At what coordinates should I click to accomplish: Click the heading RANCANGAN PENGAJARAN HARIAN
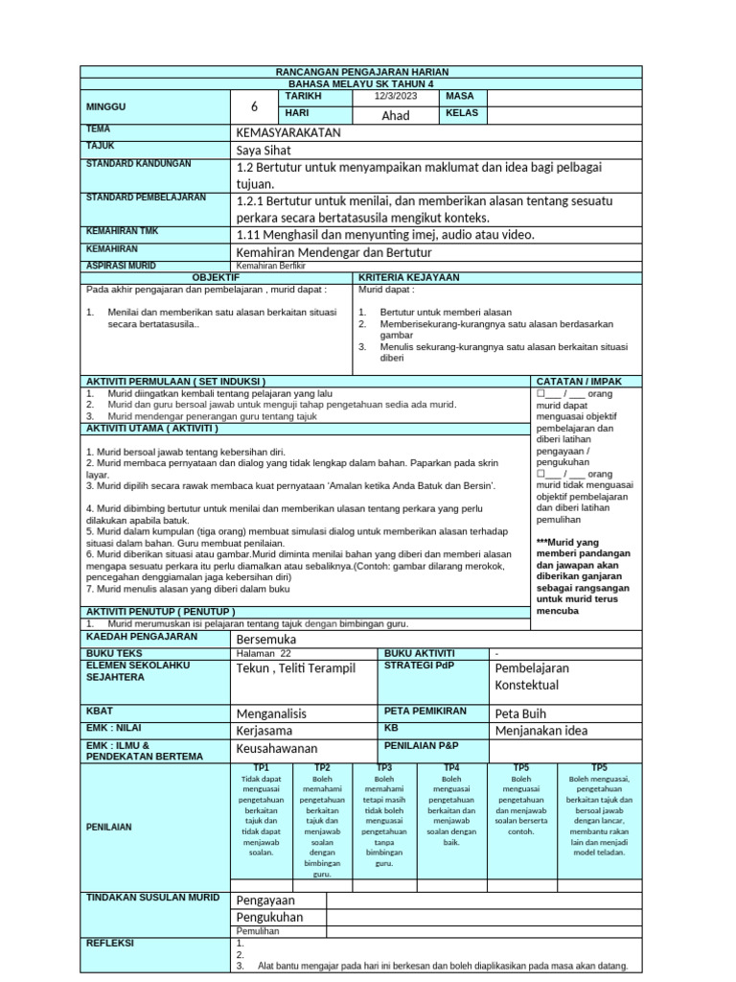(362, 73)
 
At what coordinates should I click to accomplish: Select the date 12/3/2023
(396, 97)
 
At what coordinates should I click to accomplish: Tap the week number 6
(254, 107)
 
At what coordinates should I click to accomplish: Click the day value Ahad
(396, 115)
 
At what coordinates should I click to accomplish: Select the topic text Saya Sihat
(264, 151)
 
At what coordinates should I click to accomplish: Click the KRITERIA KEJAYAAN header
(409, 277)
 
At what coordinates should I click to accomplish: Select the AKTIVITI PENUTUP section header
(161, 611)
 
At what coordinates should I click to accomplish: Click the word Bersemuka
(266, 639)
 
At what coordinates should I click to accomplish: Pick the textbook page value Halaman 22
(263, 653)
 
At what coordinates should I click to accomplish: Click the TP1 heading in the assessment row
(261, 768)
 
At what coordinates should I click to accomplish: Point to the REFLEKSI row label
(111, 943)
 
